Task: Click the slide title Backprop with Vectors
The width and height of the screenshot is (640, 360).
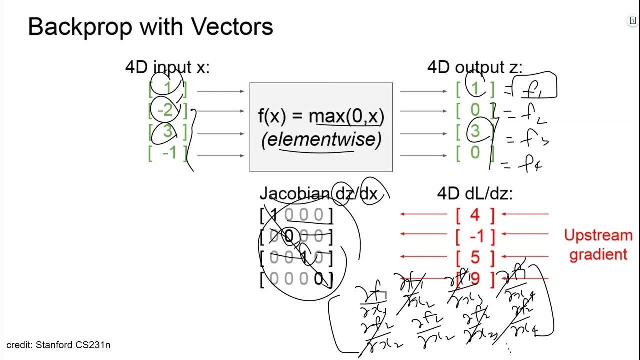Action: pos(150,26)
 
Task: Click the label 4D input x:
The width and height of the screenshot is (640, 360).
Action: pos(167,67)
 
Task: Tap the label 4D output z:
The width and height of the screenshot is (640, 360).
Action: pos(475,67)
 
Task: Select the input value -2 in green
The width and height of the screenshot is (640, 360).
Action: pos(167,110)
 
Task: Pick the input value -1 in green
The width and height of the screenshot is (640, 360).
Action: pos(169,152)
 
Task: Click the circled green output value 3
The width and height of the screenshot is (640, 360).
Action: pos(475,131)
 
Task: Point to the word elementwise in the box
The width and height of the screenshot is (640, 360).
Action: pos(321,139)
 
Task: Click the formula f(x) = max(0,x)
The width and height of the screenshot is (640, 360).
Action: pos(321,116)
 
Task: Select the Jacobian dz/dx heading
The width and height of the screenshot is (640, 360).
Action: pos(318,194)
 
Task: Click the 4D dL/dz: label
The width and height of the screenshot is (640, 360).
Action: pos(475,194)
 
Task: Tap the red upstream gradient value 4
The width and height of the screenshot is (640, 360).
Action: pos(475,215)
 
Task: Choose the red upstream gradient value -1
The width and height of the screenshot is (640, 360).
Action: pos(475,236)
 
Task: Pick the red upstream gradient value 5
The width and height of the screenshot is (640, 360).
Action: pos(475,257)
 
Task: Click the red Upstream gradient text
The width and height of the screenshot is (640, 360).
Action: pos(598,245)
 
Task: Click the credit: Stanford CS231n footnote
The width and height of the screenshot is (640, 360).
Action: pos(55,345)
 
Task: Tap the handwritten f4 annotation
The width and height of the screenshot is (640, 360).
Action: pos(528,164)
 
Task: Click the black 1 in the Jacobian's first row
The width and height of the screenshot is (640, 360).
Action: pos(273,215)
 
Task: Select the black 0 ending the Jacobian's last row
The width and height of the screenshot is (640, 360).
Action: pos(319,279)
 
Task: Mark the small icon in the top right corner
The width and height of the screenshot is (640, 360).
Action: pos(633,20)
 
